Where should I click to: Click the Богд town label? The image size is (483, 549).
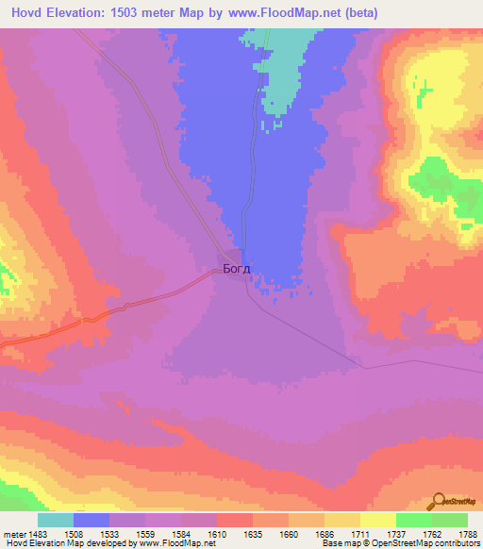tap(237, 270)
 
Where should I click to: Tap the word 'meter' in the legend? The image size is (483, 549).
tap(15, 534)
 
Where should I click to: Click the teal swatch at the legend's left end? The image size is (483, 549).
tap(56, 520)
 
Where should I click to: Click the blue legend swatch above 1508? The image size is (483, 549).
tap(92, 520)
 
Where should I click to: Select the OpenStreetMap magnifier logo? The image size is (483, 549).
tap(439, 500)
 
